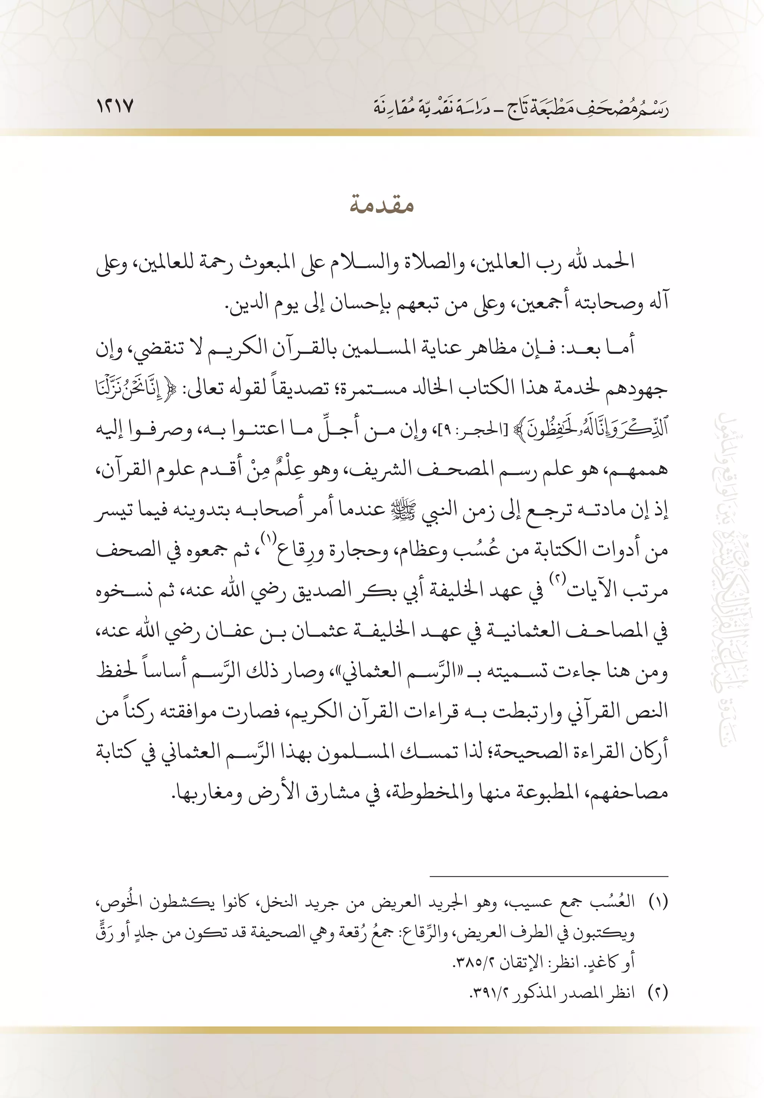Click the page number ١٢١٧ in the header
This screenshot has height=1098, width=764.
tap(115, 107)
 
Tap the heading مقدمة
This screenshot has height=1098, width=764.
tap(381, 206)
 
